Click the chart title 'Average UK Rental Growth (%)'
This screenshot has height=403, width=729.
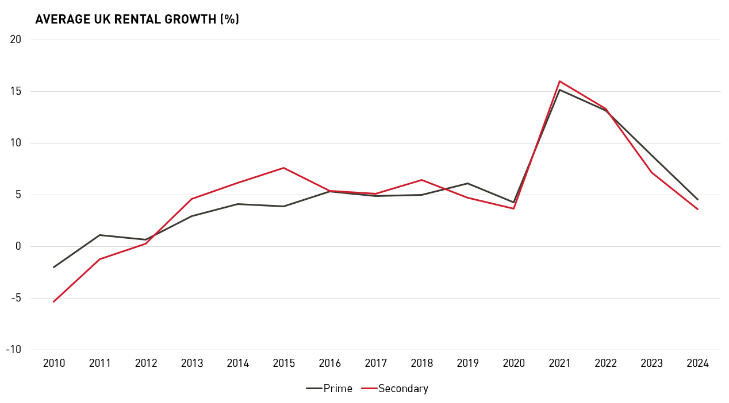(137, 20)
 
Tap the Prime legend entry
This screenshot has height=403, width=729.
(329, 389)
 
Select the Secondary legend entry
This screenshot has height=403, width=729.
(395, 389)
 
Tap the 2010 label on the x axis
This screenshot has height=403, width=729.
(53, 363)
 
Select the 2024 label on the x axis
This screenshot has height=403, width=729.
(697, 363)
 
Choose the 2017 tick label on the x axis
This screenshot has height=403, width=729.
(375, 363)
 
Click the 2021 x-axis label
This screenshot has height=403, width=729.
(559, 363)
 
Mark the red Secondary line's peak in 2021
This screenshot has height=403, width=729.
(559, 81)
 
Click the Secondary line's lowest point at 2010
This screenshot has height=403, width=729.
(53, 301)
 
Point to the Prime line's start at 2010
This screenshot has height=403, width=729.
(53, 267)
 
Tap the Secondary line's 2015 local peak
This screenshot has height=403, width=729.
(283, 168)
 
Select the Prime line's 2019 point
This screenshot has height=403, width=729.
(467, 183)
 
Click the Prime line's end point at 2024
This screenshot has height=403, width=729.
(697, 200)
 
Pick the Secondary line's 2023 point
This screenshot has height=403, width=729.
(651, 172)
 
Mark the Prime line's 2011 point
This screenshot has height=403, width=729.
(99, 235)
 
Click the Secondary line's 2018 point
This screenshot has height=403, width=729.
(421, 180)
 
